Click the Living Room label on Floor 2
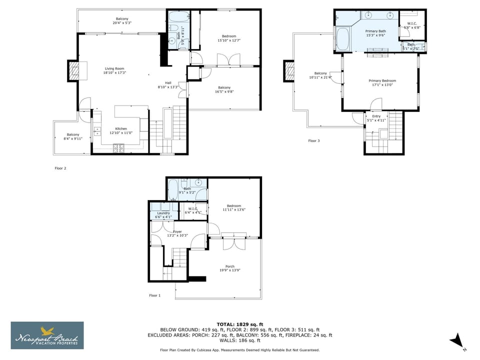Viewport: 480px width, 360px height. (x=114, y=68)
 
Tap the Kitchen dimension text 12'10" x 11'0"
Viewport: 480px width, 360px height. (x=121, y=133)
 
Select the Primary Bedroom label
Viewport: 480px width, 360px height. (x=382, y=80)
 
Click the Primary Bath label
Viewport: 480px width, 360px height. (x=375, y=31)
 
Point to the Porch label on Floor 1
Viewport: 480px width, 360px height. (x=230, y=266)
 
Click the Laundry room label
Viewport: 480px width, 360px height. (x=163, y=213)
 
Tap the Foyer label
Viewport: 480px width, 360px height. (x=177, y=231)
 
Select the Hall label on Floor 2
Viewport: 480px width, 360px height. (x=168, y=82)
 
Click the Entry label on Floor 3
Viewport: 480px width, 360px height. (x=376, y=116)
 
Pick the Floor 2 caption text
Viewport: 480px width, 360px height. (x=60, y=168)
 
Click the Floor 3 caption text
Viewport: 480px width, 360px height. (x=313, y=141)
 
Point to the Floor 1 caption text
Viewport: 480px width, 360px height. (x=155, y=295)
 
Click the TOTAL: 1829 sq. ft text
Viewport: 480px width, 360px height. (x=239, y=324)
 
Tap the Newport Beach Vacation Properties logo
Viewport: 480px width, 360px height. (x=47, y=335)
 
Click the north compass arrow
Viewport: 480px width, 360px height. (x=456, y=341)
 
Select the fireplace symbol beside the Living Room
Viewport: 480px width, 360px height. (x=73, y=70)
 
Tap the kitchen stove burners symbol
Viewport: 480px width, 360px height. (x=119, y=147)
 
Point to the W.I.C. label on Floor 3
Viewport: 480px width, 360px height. (x=412, y=23)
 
